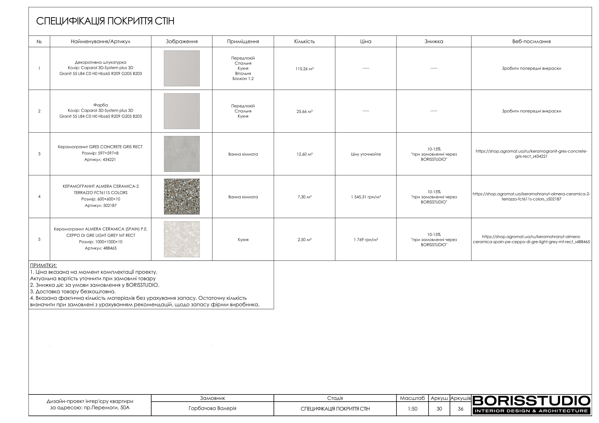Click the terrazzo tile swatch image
pos(182,197)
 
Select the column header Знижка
pos(434,41)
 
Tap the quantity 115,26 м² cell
pos(304,69)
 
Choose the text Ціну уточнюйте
pos(366,154)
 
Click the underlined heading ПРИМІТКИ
pos(43,266)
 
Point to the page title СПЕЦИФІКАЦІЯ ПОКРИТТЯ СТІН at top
pos(105,21)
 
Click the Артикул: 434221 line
pos(100,160)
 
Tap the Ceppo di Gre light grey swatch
pos(182,239)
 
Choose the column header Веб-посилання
pos(531,41)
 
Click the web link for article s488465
pos(531,239)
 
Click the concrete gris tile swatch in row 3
pos(182,154)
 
